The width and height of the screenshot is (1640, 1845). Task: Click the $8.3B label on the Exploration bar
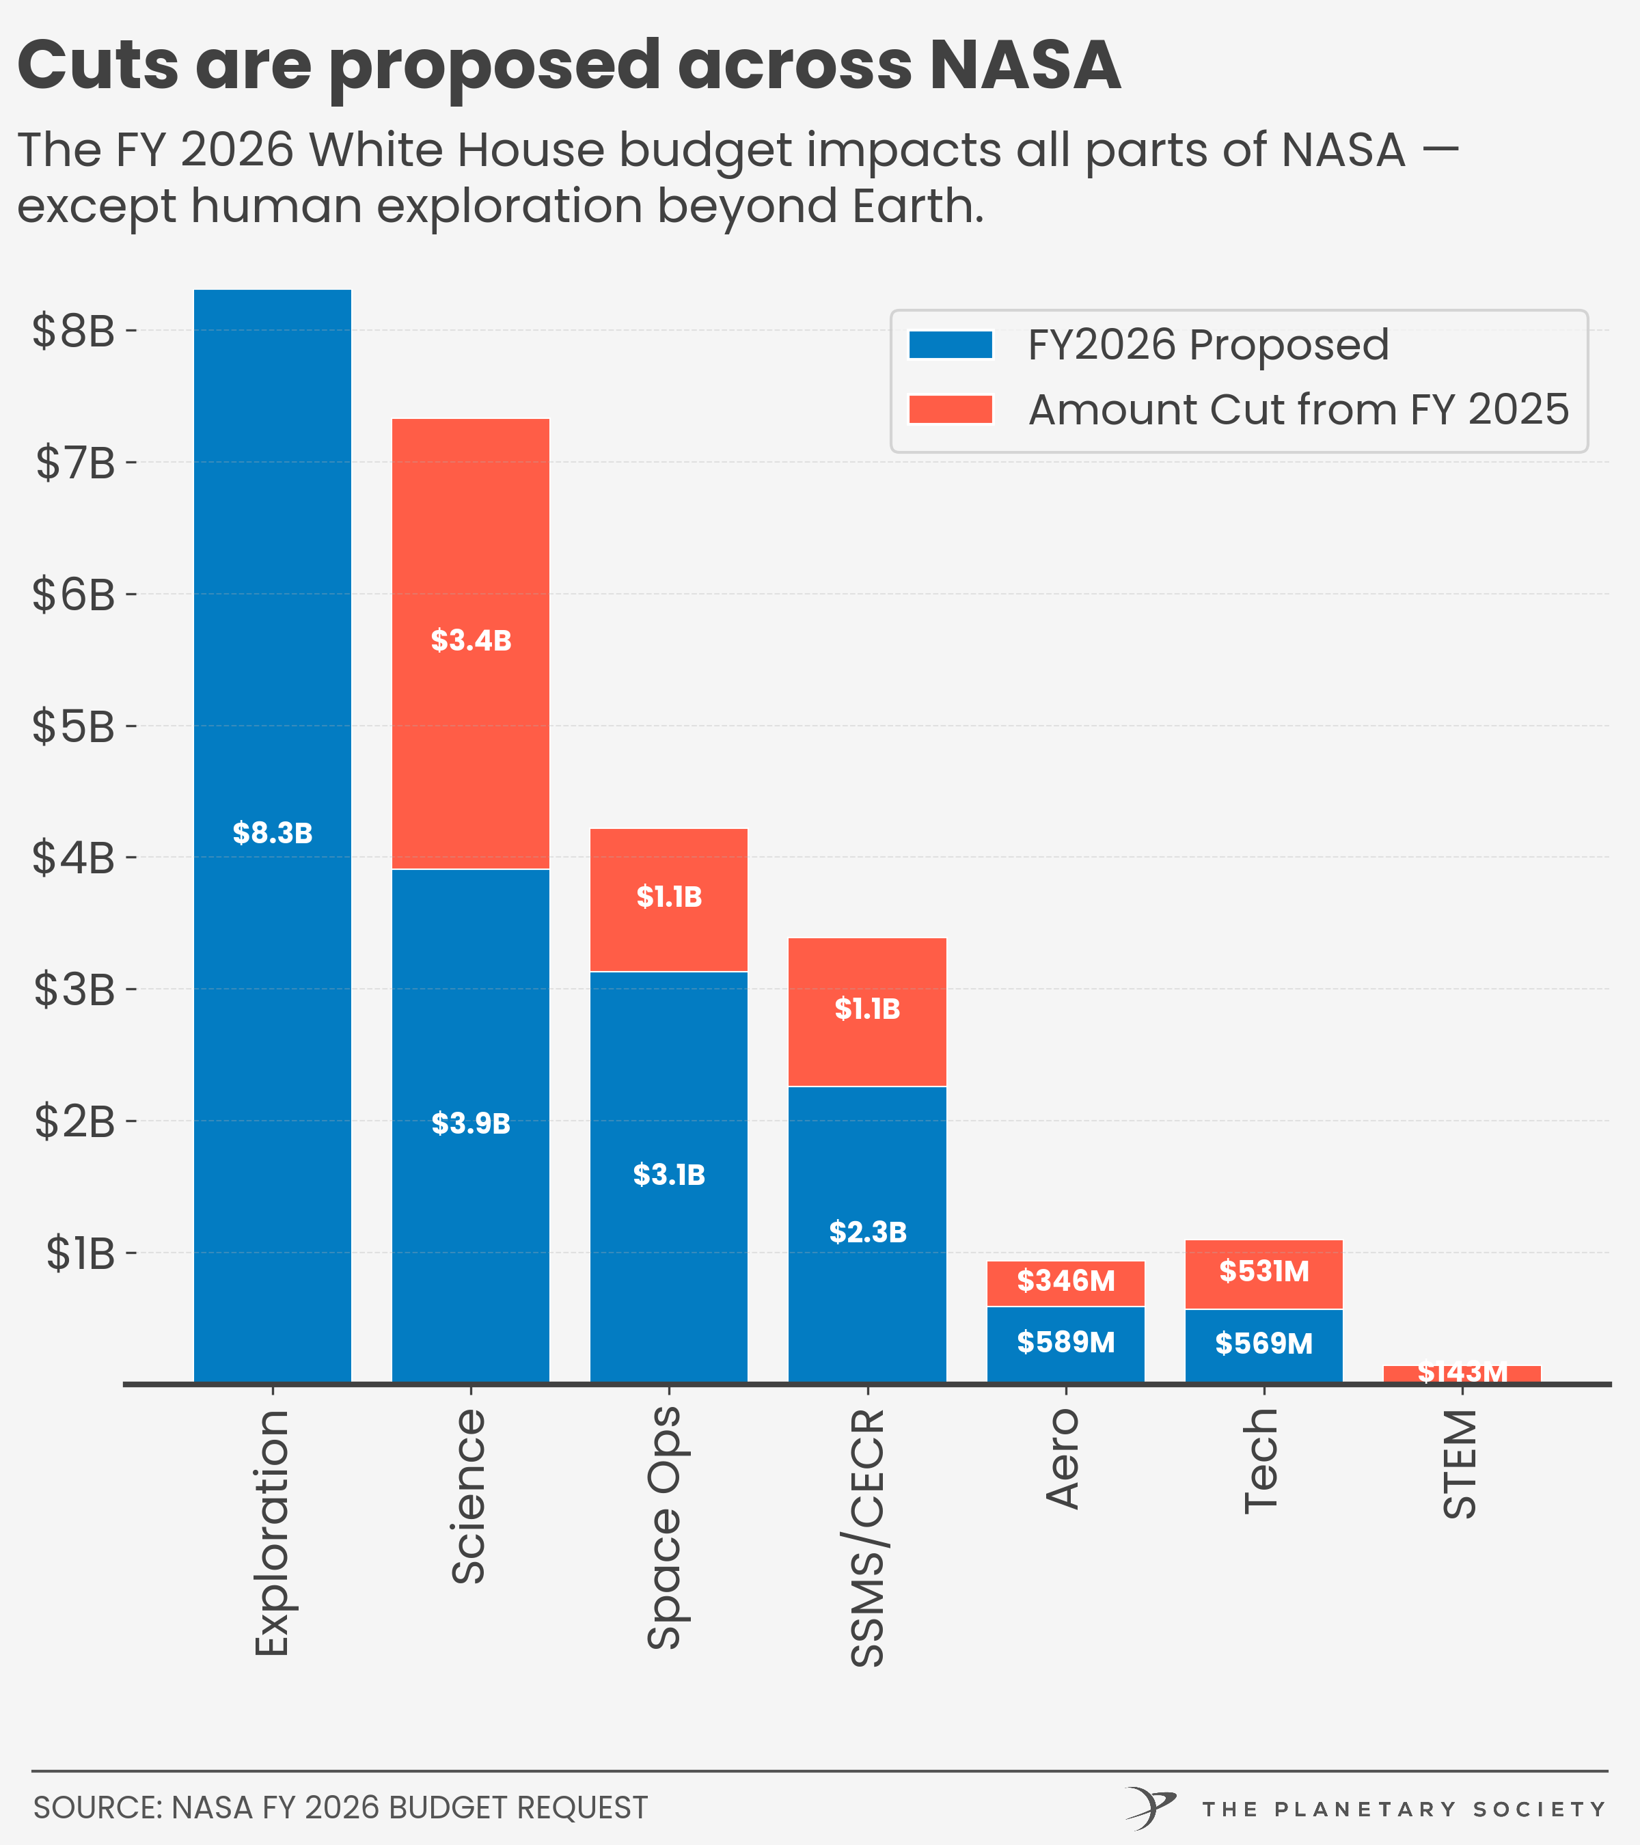pyautogui.click(x=273, y=832)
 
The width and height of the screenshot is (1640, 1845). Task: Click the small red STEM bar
pyautogui.click(x=1462, y=1373)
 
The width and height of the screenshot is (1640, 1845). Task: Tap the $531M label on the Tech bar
pyautogui.click(x=1263, y=1271)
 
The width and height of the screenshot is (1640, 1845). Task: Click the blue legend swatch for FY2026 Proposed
pyautogui.click(x=951, y=345)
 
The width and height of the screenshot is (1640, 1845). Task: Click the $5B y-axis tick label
pyautogui.click(x=74, y=726)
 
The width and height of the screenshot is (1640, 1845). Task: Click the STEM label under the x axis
pyautogui.click(x=1460, y=1464)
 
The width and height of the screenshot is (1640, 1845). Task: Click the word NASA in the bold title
pyautogui.click(x=1024, y=65)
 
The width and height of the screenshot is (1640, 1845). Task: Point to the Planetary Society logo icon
pyautogui.click(x=1151, y=1808)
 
